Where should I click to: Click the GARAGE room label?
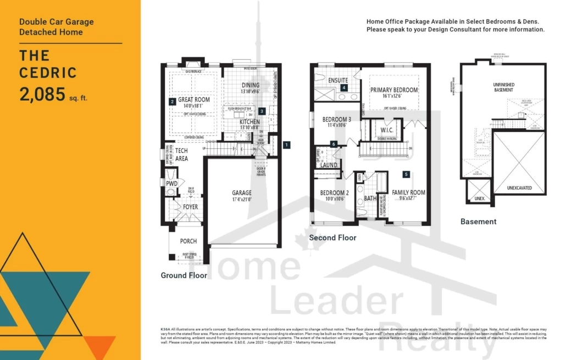pyautogui.click(x=242, y=193)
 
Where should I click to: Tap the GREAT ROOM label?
pyautogui.click(x=194, y=99)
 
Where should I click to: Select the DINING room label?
pyautogui.click(x=251, y=85)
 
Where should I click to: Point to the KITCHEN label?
pyautogui.click(x=249, y=121)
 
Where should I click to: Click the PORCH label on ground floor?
pyautogui.click(x=188, y=241)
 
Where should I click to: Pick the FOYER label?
pyautogui.click(x=190, y=207)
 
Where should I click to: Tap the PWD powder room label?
pyautogui.click(x=171, y=184)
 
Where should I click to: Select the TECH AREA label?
pyautogui.click(x=181, y=154)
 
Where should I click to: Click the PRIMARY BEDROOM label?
pyautogui.click(x=393, y=90)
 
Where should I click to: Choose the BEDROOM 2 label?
pyautogui.click(x=335, y=193)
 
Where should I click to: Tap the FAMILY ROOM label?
pyautogui.click(x=408, y=192)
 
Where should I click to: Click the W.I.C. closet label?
pyautogui.click(x=385, y=130)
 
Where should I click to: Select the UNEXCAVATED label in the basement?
pyautogui.click(x=519, y=187)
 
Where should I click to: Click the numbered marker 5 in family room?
pyautogui.click(x=406, y=175)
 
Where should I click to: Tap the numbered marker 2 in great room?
pyautogui.click(x=172, y=101)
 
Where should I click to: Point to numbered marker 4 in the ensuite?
pyautogui.click(x=344, y=87)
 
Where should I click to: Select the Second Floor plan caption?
pyautogui.click(x=332, y=237)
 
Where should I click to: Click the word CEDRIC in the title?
pyautogui.click(x=48, y=73)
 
